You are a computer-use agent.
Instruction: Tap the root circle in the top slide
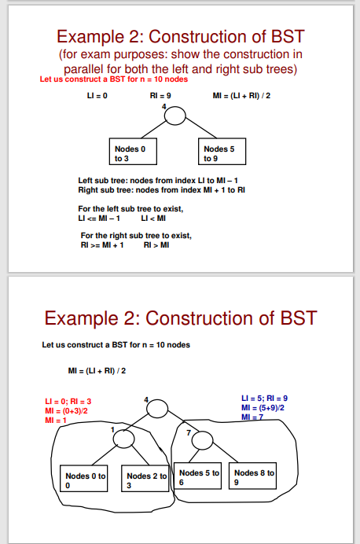[174, 116]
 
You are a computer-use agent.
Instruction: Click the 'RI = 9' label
[160, 95]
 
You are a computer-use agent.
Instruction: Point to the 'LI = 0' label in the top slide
[97, 95]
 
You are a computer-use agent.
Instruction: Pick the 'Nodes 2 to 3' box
[146, 480]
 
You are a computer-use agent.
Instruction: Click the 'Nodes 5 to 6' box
[199, 476]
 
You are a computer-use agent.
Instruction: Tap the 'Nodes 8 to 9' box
[255, 476]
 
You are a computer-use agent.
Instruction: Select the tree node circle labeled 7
[201, 439]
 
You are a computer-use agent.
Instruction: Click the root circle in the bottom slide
[157, 409]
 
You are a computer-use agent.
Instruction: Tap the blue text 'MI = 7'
[255, 417]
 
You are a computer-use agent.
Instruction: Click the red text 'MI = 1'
[54, 421]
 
